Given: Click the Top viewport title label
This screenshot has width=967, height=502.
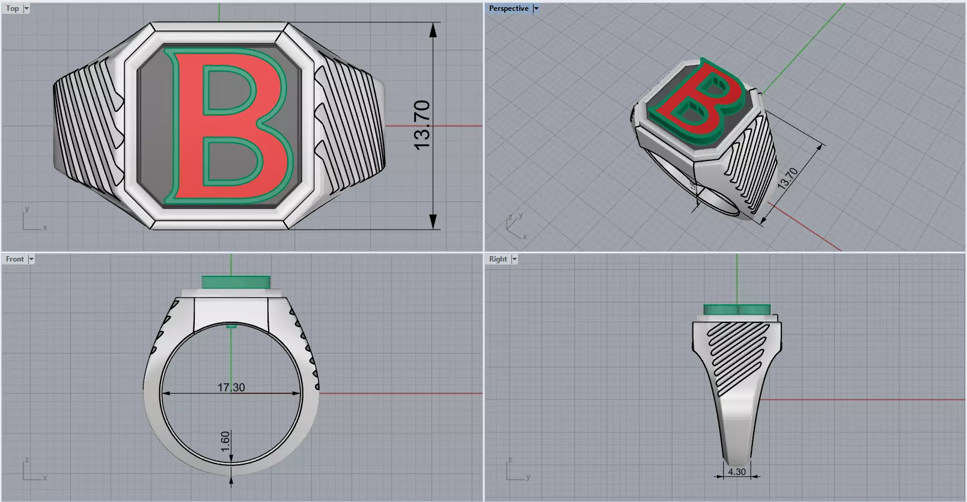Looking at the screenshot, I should point(12,8).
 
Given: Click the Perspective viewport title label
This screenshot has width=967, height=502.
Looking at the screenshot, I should point(508,8).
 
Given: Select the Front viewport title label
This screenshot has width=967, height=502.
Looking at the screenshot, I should point(15,259).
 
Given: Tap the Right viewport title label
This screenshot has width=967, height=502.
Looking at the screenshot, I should point(498,259).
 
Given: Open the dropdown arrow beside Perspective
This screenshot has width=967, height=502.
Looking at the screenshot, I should point(536,8).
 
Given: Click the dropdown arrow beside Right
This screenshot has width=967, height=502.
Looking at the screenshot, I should point(514,259).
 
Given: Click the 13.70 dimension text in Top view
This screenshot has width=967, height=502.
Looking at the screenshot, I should point(422,125).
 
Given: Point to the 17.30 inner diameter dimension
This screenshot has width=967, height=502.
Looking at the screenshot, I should point(231,387).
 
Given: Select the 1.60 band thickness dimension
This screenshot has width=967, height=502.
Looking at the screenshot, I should point(225,441).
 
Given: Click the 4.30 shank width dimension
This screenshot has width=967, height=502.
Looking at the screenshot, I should point(736,472).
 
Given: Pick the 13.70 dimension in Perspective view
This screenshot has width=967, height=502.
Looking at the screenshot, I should point(787,178).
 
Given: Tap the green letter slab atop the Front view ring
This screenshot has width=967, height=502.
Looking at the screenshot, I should point(236,282).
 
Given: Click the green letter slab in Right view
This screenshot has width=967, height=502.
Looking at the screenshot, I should point(737,310).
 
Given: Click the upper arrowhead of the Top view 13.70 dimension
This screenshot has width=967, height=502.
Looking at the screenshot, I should point(433,29).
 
